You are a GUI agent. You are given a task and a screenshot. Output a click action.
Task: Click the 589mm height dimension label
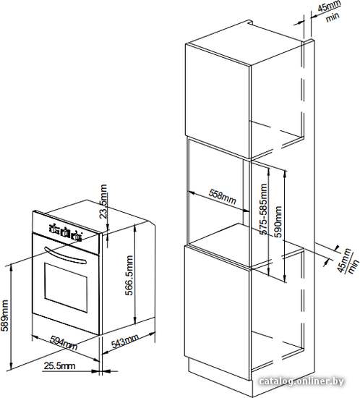(4, 316)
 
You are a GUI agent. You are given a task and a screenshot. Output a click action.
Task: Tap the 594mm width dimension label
(64, 343)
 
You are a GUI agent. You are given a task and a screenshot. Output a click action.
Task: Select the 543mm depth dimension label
(125, 341)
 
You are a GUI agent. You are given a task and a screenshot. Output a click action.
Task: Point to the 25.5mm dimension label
(59, 365)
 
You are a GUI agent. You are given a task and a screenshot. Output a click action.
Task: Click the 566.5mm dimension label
(129, 275)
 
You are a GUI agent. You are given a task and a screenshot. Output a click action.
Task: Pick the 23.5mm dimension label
(103, 201)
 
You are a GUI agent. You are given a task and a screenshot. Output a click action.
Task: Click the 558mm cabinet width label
(223, 197)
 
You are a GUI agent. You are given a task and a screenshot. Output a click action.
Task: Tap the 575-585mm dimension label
(264, 209)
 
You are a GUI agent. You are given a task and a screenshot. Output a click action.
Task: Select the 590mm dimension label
(278, 221)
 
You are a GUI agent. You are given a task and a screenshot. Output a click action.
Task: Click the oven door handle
(65, 256)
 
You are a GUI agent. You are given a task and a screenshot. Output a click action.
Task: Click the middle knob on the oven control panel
(66, 232)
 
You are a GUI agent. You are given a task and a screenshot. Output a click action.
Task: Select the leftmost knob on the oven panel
(54, 229)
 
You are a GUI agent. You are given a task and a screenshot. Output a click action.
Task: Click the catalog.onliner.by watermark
(301, 381)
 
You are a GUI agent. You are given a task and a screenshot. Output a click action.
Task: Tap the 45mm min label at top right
(329, 12)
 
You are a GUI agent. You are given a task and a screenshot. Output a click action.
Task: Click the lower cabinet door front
(218, 312)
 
